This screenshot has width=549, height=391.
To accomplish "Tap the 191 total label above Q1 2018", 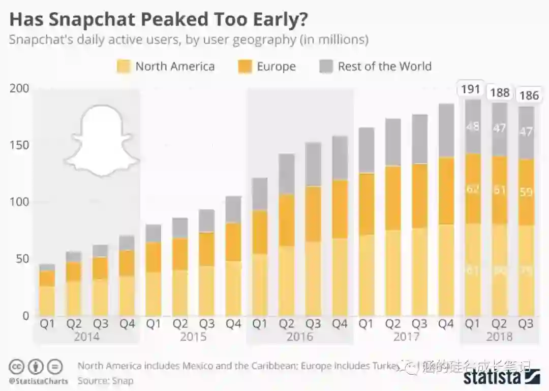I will pyautogui.click(x=470, y=89).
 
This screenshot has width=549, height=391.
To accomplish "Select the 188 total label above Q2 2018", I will pyautogui.click(x=499, y=92).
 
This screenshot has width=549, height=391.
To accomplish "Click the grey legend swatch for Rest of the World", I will pyautogui.click(x=326, y=67).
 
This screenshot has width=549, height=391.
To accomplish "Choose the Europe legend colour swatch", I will pyautogui.click(x=245, y=67).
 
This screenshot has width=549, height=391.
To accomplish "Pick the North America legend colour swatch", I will pyautogui.click(x=123, y=67).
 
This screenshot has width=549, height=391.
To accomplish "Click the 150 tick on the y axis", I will pyautogui.click(x=19, y=145).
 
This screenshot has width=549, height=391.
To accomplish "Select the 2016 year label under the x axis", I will pyautogui.click(x=299, y=337).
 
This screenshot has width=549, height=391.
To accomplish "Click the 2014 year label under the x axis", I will pyautogui.click(x=86, y=337).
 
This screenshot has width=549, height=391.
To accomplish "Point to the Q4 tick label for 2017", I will pyautogui.click(x=446, y=324).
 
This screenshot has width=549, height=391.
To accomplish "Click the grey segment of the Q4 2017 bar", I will pyautogui.click(x=446, y=130).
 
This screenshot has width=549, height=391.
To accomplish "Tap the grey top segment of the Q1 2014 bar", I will pyautogui.click(x=47, y=267).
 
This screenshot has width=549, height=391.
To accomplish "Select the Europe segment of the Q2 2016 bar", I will pyautogui.click(x=287, y=220).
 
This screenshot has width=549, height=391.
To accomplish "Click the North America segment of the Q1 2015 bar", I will pyautogui.click(x=154, y=294).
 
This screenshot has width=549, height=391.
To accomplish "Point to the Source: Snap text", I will pyautogui.click(x=106, y=380).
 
